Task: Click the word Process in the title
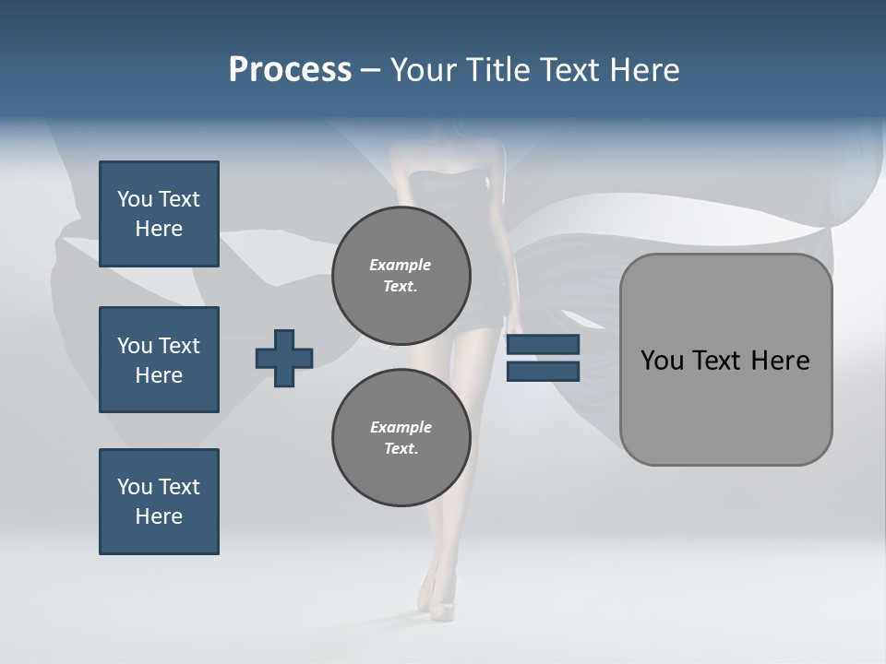(x=290, y=70)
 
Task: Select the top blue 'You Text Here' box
(x=159, y=214)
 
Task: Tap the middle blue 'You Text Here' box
(x=159, y=360)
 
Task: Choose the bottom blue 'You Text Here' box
(x=159, y=502)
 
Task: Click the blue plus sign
(x=284, y=358)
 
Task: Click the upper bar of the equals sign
(x=543, y=345)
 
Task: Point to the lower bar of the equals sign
(x=543, y=371)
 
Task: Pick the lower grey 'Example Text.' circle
(x=401, y=438)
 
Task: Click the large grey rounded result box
(x=725, y=406)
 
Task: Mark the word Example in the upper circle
(x=401, y=265)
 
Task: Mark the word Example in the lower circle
(x=401, y=427)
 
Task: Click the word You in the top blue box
(x=135, y=199)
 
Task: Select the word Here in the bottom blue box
(x=159, y=516)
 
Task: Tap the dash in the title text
(x=371, y=70)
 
